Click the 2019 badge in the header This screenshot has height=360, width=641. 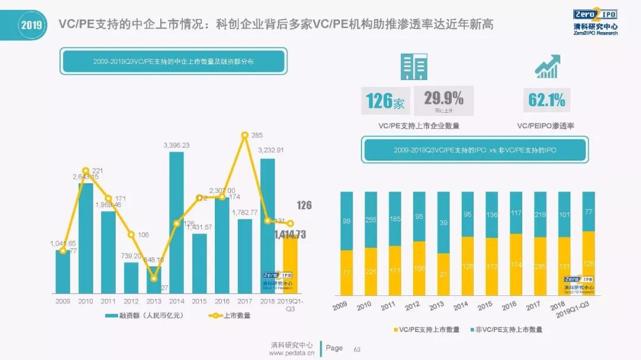[31, 25]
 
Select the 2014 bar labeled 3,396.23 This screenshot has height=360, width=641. [177, 222]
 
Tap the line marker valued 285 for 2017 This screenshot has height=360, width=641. [245, 135]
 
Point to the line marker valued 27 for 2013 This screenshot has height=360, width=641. [154, 278]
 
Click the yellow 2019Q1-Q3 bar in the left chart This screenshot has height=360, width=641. [290, 264]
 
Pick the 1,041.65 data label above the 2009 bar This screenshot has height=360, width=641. [62, 243]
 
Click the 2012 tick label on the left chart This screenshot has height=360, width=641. [131, 301]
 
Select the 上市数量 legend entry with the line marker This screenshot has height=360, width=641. [229, 316]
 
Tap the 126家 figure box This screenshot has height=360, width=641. [386, 101]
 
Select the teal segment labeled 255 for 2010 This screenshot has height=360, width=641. [371, 219]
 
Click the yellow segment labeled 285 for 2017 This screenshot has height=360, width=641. [540, 266]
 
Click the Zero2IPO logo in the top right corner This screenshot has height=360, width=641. [595, 22]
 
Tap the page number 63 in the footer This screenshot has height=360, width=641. [357, 349]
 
